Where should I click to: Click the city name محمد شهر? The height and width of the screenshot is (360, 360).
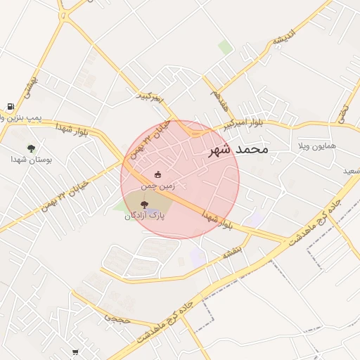point(238,150)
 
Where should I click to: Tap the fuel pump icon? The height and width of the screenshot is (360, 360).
point(11,107)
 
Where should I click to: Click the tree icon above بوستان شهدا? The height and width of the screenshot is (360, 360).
point(31,148)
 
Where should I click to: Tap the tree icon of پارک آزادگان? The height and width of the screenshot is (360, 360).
point(145,205)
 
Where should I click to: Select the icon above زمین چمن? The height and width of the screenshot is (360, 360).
point(157,174)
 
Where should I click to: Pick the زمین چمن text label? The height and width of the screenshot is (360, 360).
point(157,186)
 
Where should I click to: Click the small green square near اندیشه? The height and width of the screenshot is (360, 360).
point(225,47)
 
